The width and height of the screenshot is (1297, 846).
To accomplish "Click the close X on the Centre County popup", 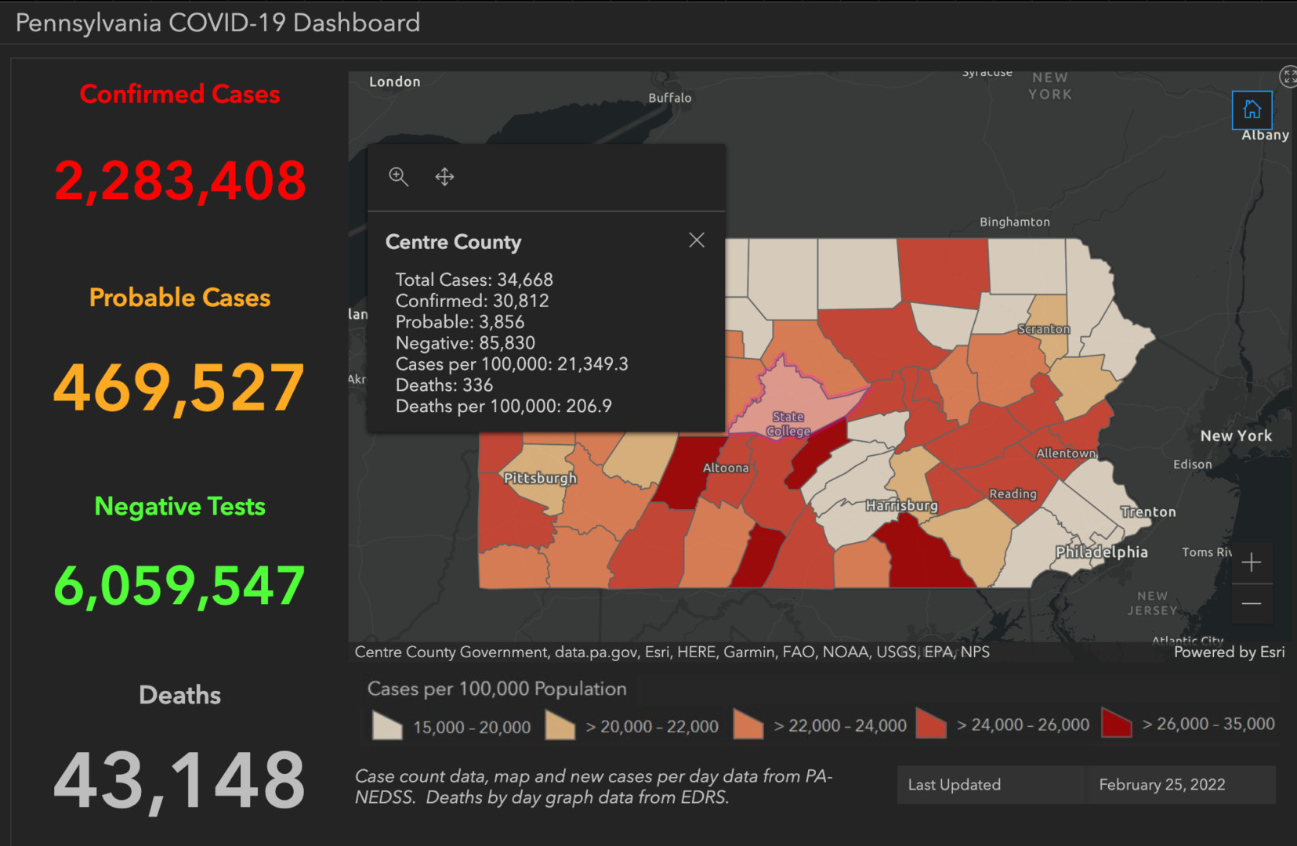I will [696, 240].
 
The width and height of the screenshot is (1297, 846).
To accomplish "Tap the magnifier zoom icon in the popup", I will [398, 176].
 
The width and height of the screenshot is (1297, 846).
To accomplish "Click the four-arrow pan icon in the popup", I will [444, 176].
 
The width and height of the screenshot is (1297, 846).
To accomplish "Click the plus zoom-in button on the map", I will [1252, 562].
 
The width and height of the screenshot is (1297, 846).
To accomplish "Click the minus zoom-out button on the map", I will [1252, 603].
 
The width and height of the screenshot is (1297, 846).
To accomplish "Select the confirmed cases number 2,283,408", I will [180, 181].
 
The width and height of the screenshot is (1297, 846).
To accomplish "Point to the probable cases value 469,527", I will [179, 388].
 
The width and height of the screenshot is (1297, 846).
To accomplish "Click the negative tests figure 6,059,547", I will [179, 586].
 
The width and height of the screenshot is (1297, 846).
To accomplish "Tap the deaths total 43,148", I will [179, 780].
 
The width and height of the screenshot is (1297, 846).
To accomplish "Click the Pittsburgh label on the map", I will [540, 478].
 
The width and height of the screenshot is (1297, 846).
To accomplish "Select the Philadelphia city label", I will [1101, 552].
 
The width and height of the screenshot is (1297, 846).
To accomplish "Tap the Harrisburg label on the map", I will [901, 505].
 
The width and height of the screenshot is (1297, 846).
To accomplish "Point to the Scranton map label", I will [1043, 329].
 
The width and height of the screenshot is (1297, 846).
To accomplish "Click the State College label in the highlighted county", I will [788, 424].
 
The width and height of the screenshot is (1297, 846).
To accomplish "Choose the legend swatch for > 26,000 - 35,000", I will [1116, 723].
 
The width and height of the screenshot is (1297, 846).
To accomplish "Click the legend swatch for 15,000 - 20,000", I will [387, 725].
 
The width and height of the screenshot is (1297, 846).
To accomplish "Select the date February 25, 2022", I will [1161, 785].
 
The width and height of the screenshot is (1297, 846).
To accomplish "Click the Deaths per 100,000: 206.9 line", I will [503, 406].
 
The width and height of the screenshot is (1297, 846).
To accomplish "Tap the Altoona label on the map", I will [726, 468].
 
